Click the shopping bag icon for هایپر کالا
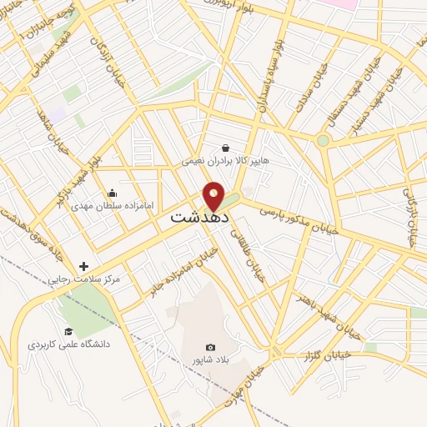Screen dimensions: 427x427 [x=226, y=148]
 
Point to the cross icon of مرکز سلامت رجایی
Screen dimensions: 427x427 [x=83, y=266]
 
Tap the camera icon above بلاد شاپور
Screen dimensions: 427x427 [x=210, y=347]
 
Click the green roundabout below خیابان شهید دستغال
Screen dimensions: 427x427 [x=324, y=140]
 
